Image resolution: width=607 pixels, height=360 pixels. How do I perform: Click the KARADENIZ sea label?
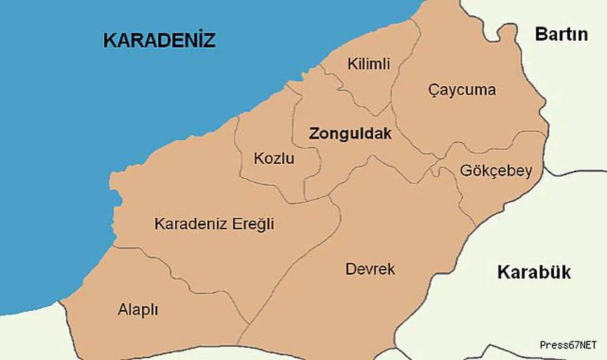[159, 40]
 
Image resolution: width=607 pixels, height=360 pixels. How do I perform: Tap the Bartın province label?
[561, 35]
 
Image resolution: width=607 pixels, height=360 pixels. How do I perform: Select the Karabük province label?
[534, 273]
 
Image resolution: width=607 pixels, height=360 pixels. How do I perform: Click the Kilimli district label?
[368, 64]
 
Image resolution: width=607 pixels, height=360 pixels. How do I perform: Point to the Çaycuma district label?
[461, 90]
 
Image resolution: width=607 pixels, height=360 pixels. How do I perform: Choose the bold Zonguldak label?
[350, 134]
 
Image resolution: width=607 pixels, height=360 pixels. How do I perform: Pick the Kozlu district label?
[274, 158]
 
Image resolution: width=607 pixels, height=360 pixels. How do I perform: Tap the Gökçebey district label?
[496, 171]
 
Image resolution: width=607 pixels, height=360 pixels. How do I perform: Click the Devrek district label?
[370, 269]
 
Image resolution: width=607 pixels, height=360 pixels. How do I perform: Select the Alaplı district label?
[138, 310]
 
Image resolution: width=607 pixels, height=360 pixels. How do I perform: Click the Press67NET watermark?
[568, 345]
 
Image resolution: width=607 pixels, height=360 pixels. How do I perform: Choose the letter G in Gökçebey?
[466, 171]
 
